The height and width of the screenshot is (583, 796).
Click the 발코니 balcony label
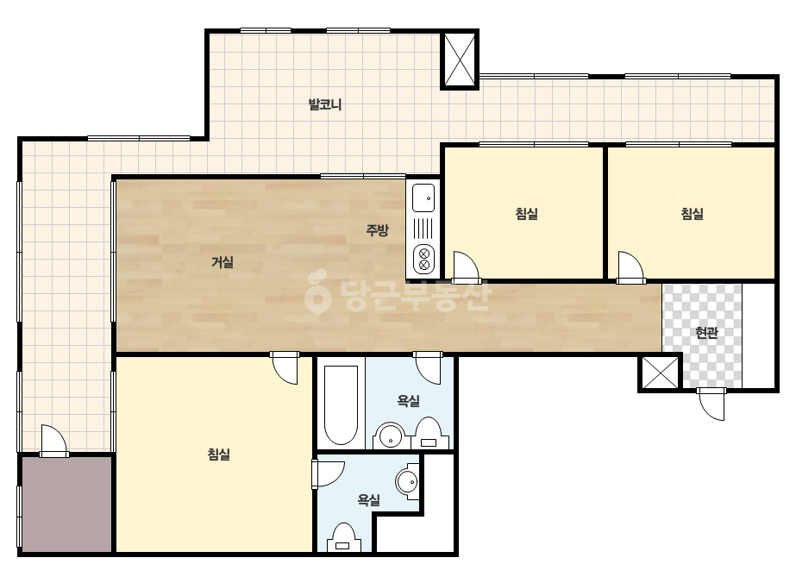click(325, 104)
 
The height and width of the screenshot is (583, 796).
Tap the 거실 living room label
click(223, 262)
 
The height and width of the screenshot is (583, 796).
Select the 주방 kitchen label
click(377, 230)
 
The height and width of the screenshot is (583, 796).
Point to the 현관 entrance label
click(706, 333)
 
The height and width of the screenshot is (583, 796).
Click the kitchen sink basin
click(423, 198)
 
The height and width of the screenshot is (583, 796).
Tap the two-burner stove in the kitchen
click(423, 259)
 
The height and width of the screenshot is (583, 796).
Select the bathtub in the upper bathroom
click(342, 404)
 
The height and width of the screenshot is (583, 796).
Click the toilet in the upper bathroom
click(429, 434)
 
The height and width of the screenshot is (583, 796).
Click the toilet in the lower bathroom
click(344, 537)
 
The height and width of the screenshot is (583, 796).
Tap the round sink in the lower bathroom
click(408, 481)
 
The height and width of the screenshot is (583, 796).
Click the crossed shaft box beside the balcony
click(460, 60)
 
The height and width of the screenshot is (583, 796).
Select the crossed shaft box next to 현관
click(659, 373)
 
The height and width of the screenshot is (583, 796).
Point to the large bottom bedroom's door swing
click(285, 367)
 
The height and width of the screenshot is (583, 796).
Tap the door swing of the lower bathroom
click(328, 474)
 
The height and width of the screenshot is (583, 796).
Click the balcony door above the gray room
click(53, 441)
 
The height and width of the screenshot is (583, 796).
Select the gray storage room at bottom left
click(66, 504)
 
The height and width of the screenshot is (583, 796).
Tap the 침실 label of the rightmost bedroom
click(692, 213)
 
